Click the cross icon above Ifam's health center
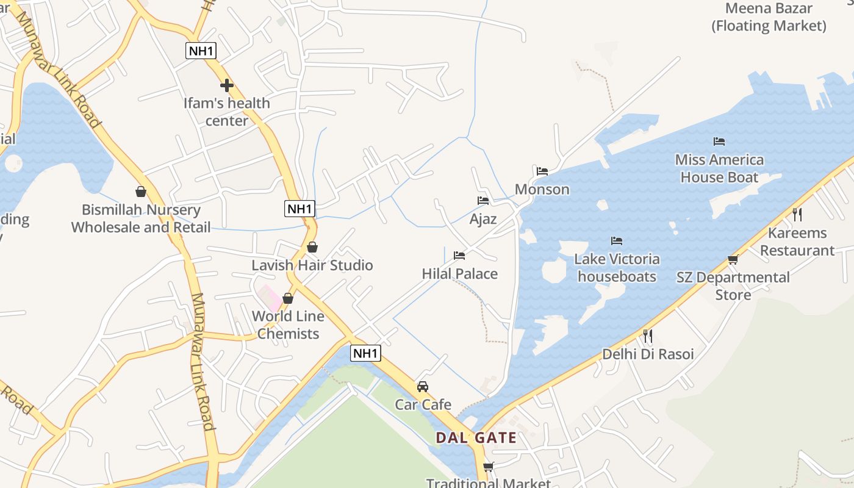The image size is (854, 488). (x=227, y=85)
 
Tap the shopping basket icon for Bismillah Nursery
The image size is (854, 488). (x=141, y=192)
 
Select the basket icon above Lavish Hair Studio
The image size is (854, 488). (x=312, y=247)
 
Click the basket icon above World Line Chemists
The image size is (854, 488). (x=288, y=298)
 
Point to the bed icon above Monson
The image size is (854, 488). (x=542, y=171)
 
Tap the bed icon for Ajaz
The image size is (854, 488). (x=483, y=200)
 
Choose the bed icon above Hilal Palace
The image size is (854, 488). (x=459, y=255)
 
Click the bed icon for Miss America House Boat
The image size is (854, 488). (x=719, y=142)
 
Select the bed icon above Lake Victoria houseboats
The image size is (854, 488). (x=617, y=241)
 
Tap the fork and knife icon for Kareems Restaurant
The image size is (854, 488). (x=797, y=214)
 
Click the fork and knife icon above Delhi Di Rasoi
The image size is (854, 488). (x=648, y=335)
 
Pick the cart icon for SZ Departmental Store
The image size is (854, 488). (x=733, y=259)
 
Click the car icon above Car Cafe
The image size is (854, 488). (x=423, y=386)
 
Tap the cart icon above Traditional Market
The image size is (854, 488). (x=488, y=467)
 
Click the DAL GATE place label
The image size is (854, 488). (x=476, y=437)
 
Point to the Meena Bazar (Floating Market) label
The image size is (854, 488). (x=769, y=17)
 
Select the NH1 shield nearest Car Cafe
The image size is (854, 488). (x=366, y=353)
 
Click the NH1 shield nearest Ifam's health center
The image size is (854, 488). (x=201, y=51)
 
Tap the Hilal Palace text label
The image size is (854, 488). (x=460, y=274)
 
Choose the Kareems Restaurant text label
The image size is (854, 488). (x=797, y=242)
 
